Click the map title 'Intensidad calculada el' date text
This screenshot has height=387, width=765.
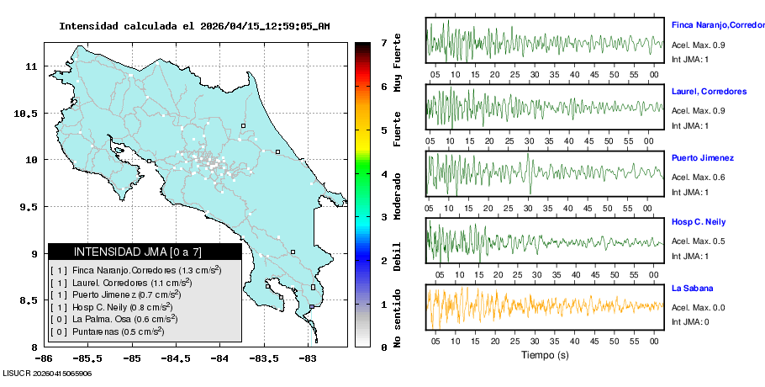(x=194, y=26)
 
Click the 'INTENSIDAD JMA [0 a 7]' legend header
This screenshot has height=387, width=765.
(x=138, y=252)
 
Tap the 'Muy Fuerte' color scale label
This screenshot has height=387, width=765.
(x=397, y=61)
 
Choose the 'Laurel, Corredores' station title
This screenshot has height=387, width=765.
(x=710, y=91)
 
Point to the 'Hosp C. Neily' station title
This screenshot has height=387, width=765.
(x=698, y=222)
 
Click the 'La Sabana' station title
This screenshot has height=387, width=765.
(x=692, y=289)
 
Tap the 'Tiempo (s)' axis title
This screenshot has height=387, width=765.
(x=544, y=355)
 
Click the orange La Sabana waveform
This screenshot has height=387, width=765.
(x=545, y=305)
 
